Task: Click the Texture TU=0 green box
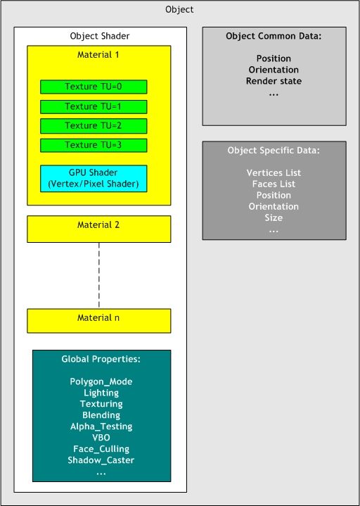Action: tap(94, 87)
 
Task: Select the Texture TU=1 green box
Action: tap(94, 106)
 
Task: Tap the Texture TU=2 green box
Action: tap(94, 126)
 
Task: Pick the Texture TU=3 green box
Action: tap(94, 145)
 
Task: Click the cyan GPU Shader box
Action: tap(94, 179)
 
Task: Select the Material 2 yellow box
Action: tap(99, 229)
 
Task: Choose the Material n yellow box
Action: tap(99, 321)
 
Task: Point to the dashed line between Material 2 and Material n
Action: tap(99, 276)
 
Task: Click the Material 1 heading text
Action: tap(98, 54)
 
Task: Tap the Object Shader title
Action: tap(100, 36)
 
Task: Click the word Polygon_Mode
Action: tap(101, 381)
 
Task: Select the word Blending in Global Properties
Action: tap(101, 415)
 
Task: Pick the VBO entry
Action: tap(101, 438)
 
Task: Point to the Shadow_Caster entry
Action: tap(101, 460)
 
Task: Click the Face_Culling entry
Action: tap(101, 449)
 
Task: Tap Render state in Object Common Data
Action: tap(274, 81)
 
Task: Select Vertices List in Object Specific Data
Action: tap(274, 173)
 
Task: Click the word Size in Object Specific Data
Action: tap(274, 218)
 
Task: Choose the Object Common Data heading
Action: tap(274, 36)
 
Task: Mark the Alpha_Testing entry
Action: tap(101, 426)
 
